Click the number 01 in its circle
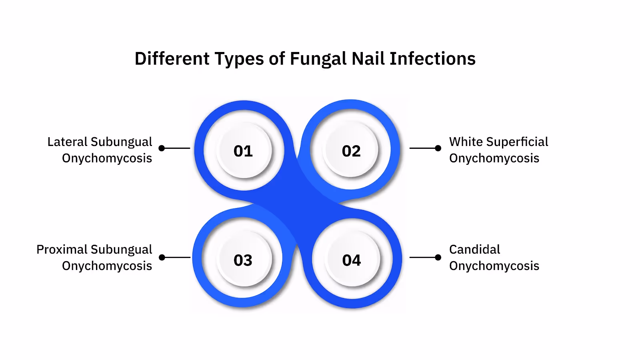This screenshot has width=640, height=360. coord(243,151)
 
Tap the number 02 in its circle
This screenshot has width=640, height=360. coord(351,151)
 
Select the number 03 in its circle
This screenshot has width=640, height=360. coord(243,260)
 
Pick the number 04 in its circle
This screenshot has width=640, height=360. coord(352,260)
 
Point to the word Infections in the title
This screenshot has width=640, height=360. coord(432,59)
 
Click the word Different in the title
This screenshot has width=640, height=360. coord(172,59)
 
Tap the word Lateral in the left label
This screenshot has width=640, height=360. coord(67,142)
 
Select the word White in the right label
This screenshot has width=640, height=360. coord(466,142)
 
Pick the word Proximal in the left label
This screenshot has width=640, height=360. coord(61,249)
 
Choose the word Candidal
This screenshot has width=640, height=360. coord(474,249)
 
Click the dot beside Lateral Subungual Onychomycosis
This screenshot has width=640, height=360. coord(162,148)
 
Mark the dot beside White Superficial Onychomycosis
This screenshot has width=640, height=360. coord(438,148)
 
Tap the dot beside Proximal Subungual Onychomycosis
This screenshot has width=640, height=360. coord(162,257)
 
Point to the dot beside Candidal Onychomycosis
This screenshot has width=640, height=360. coord(438,257)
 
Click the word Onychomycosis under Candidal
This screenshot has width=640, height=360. coord(494,266)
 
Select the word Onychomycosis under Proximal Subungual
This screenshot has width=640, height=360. coord(107,266)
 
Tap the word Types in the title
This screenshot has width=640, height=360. coord(239,59)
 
